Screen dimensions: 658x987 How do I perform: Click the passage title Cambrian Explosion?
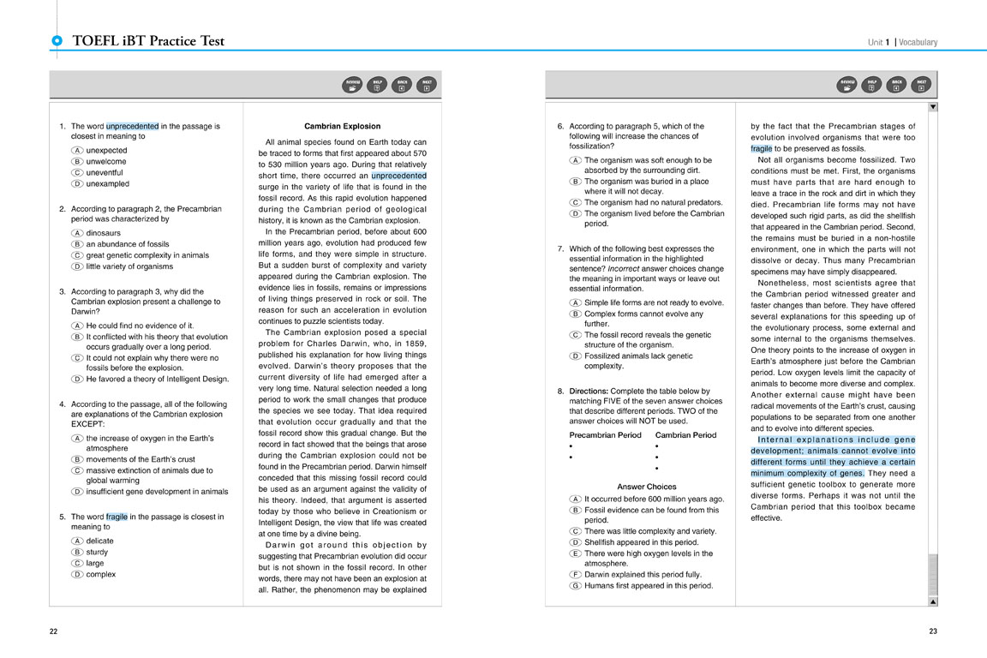342,126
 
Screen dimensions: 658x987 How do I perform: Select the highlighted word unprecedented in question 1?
132,126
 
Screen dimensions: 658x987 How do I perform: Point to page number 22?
53,631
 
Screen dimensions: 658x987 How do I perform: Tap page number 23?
933,631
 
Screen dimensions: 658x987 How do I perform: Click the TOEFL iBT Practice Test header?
148,41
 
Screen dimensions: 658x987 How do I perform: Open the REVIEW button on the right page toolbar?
846,84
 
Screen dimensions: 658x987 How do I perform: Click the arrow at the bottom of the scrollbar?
933,601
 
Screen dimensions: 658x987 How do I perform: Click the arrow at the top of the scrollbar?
933,107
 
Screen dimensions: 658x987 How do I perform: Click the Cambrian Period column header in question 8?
685,435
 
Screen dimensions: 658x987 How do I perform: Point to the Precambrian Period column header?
605,435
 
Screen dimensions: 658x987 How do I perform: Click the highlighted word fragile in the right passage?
761,148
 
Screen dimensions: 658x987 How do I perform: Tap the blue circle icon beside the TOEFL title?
57,40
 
